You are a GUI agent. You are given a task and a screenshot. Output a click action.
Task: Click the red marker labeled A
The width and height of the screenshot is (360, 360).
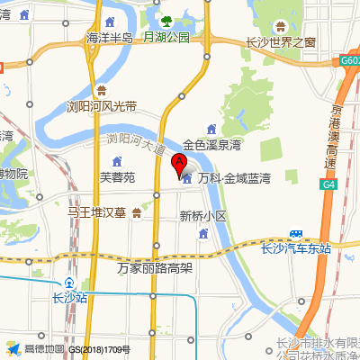coord(178,164)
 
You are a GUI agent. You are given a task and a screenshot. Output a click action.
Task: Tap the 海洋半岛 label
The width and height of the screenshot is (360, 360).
coord(109,38)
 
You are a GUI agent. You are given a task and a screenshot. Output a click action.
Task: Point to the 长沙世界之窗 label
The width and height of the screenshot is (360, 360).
coord(281,41)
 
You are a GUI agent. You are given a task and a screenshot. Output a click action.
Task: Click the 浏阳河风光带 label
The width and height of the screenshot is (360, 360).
coord(102,106)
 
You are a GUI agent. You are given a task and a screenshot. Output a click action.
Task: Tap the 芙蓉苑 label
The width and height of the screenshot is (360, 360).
coord(117,177)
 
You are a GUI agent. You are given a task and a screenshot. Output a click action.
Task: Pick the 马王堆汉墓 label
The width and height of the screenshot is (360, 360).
coord(97,213)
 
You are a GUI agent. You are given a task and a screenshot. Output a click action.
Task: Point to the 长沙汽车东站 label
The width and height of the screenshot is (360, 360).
coord(295,248)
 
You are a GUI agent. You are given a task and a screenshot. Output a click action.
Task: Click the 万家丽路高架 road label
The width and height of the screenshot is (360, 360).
coord(155,267)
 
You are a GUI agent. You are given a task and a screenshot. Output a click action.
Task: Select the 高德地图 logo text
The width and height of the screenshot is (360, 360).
coord(44,348)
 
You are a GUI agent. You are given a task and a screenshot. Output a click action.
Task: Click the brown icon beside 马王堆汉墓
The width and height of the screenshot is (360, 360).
coord(136,213)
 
